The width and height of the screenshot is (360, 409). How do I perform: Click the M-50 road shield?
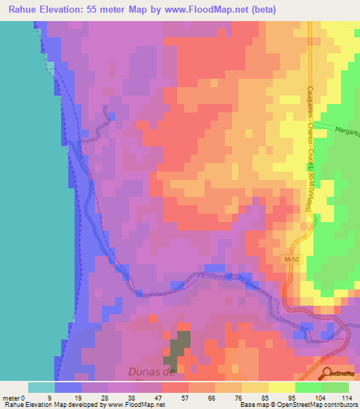[x=292, y=260]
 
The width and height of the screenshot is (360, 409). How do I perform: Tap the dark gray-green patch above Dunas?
[x=180, y=348]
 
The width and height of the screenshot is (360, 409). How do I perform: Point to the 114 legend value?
[x=345, y=397]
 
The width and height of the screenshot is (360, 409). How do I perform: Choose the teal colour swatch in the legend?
[x=41, y=387]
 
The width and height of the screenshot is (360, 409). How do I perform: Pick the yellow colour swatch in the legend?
[x=282, y=387]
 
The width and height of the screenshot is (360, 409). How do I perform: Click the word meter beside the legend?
[x=11, y=397]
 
